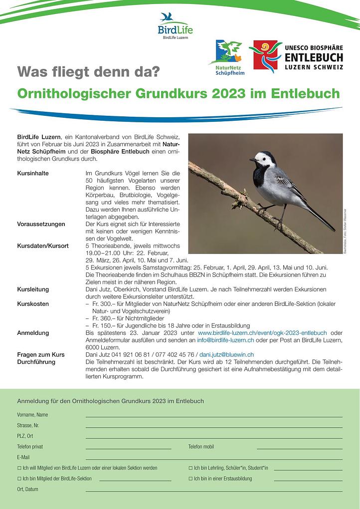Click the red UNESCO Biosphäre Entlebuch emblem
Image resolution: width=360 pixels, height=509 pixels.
point(265,56)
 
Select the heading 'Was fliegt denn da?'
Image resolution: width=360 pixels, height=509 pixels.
point(88,71)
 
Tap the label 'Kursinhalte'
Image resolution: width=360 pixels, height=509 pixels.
point(34,173)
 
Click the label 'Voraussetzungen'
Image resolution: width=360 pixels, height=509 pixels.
point(41,224)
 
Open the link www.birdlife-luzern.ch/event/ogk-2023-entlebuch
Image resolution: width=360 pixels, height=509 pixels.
point(262,333)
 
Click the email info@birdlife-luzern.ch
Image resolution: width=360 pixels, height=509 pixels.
point(225,340)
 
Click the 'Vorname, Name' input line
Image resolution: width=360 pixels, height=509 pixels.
point(214,415)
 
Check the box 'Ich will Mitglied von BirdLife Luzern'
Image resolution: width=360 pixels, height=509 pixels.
point(19,468)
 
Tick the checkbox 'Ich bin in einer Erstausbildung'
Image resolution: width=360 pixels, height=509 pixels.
point(190,479)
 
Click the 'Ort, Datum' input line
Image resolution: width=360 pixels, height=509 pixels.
point(214,490)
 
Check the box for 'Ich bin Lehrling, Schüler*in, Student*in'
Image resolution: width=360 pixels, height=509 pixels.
point(190,468)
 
